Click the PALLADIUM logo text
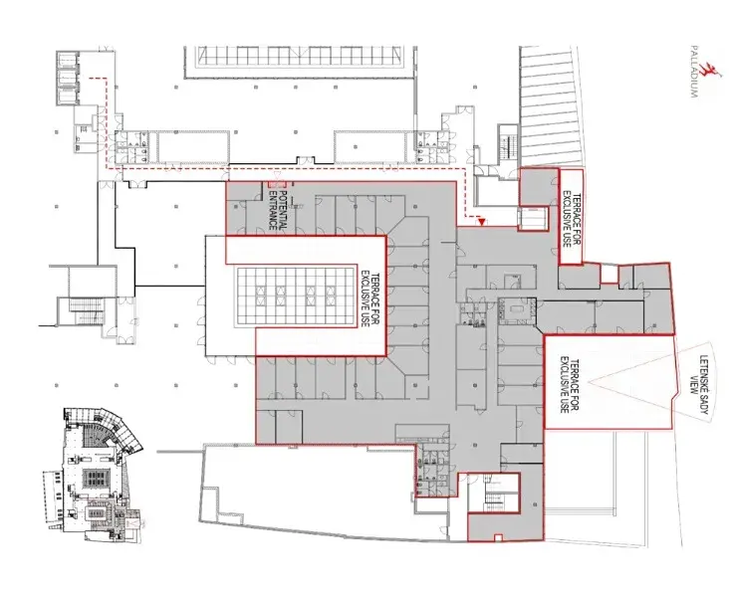694,71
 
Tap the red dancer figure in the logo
712,73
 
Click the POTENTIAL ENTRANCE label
278,209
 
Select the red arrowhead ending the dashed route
482,222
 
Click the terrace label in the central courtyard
366,298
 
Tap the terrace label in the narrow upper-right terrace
571,218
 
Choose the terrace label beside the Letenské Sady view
568,385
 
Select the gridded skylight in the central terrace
296,297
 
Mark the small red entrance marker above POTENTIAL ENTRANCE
272,185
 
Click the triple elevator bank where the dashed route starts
67,79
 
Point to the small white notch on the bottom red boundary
498,537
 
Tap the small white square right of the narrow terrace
609,274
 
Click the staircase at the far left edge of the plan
86,311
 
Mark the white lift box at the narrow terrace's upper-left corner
532,218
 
